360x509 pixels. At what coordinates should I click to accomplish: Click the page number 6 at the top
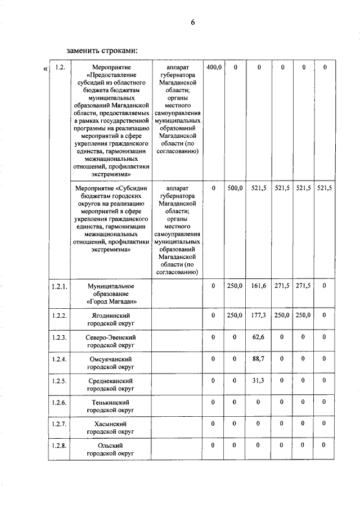(x=193, y=23)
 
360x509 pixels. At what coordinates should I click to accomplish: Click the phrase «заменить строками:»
(x=102, y=51)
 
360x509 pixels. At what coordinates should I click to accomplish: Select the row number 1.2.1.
(x=59, y=286)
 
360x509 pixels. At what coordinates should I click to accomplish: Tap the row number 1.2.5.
(x=59, y=381)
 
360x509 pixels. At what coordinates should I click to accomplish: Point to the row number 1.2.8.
(x=59, y=445)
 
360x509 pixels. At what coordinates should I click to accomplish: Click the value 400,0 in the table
(x=214, y=67)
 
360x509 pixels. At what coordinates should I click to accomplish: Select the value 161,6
(x=258, y=286)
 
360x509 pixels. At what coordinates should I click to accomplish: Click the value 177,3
(x=258, y=316)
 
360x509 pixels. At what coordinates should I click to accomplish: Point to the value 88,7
(x=258, y=359)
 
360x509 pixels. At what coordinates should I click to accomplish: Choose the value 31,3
(x=258, y=381)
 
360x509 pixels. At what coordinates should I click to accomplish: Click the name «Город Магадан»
(x=111, y=301)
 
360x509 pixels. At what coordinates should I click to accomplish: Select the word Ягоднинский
(x=111, y=316)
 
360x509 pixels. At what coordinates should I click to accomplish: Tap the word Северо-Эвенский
(x=111, y=337)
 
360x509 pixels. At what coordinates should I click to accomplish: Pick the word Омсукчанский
(x=111, y=359)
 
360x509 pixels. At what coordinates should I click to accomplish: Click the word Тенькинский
(x=111, y=403)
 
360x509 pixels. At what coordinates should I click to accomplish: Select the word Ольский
(x=111, y=445)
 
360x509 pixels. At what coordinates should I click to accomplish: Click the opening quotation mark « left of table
(x=44, y=69)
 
